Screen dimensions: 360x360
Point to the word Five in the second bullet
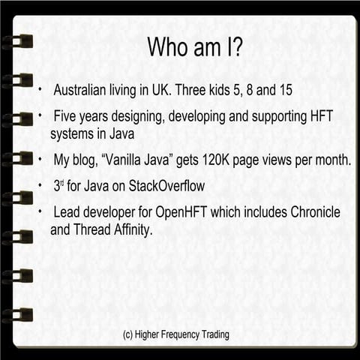pyautogui.click(x=67, y=118)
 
